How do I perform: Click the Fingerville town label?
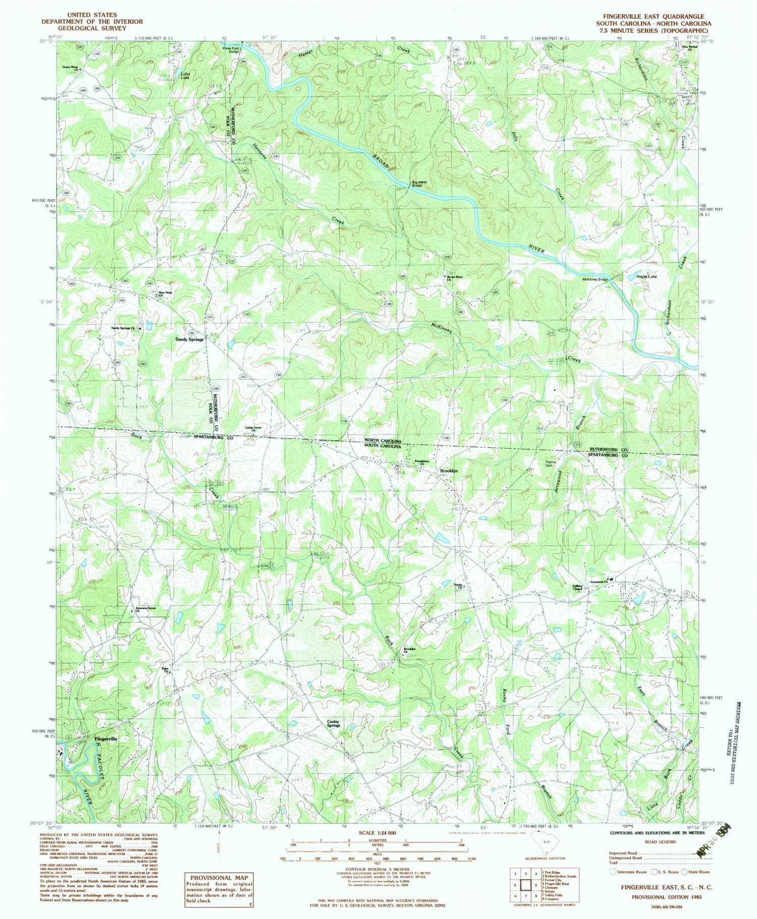click(105, 738)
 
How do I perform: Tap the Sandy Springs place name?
click(189, 339)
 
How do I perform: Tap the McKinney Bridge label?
click(596, 279)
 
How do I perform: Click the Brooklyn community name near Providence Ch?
click(448, 471)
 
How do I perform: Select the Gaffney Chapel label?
click(577, 588)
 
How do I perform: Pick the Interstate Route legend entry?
click(628, 872)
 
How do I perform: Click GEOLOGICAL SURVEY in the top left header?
click(92, 29)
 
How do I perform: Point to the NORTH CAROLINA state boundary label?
click(383, 441)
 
